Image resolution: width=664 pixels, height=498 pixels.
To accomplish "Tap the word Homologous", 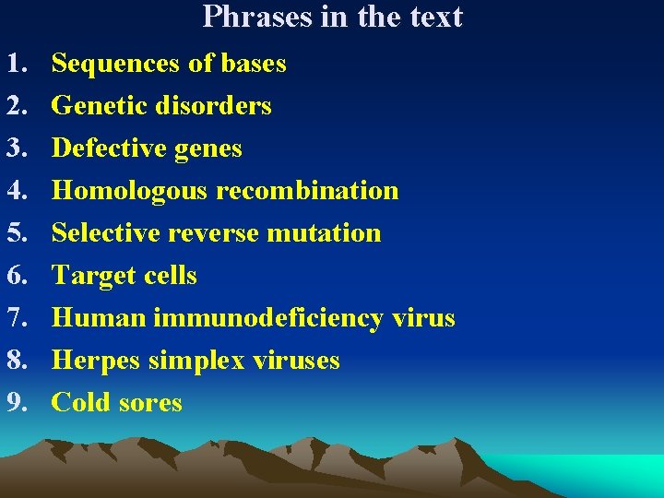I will click(130, 191).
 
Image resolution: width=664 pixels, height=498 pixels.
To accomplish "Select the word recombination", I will click(307, 191).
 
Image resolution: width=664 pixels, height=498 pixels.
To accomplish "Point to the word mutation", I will click(324, 233).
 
